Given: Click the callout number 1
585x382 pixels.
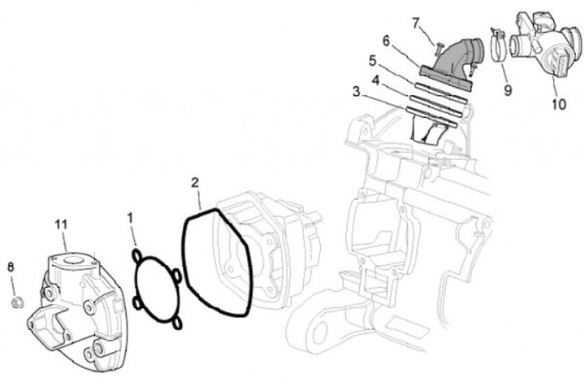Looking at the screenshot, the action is coord(130,219).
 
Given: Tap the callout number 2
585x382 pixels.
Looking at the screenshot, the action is coord(195,183).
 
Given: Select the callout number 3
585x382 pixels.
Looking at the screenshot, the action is coord(357,92).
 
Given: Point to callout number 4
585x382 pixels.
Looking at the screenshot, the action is coord(375,80).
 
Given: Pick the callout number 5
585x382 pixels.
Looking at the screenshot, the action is coord(372,61).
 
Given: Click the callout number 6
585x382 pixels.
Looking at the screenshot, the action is coord(386,41).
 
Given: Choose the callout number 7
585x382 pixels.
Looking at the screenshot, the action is coord(416,24).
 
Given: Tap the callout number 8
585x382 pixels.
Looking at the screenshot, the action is coord(11,267).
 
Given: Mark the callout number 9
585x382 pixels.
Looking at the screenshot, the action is coord(508,90).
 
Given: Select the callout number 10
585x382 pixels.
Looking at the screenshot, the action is coord(559,105).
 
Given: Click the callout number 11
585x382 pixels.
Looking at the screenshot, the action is coord(61,224).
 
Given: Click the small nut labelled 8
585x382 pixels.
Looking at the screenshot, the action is coord(17,302).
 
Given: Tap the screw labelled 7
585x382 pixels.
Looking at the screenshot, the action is coord(439,48).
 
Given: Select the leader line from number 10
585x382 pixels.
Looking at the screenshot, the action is coord(555,86).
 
